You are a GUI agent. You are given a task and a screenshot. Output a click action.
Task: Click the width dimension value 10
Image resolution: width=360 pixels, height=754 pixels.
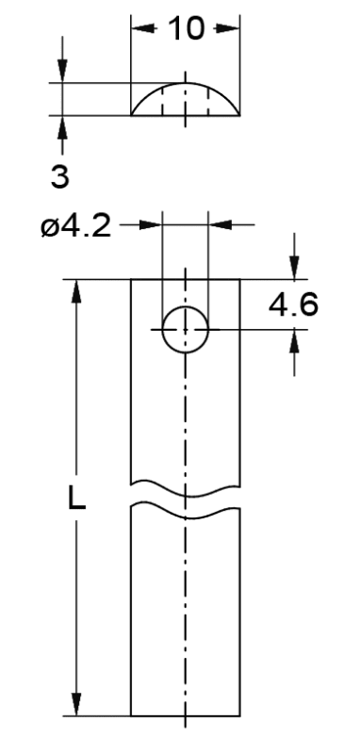pyautogui.click(x=187, y=28)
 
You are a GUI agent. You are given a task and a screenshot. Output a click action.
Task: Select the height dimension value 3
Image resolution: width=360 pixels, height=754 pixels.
pyautogui.click(x=60, y=176)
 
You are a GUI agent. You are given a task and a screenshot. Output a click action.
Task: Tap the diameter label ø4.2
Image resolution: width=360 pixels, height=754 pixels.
pyautogui.click(x=76, y=225)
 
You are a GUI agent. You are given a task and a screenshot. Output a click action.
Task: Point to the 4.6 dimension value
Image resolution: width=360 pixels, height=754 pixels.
pyautogui.click(x=293, y=304)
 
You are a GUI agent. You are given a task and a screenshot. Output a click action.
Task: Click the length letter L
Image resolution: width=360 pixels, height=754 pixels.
pyautogui.click(x=76, y=500)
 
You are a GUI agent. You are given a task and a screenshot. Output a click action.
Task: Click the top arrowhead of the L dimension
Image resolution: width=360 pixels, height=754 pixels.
pyautogui.click(x=76, y=291)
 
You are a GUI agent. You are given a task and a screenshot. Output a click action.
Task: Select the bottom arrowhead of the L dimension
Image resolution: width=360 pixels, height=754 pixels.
pyautogui.click(x=76, y=704)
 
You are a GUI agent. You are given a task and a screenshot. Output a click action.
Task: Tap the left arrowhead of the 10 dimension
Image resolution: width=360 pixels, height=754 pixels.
pyautogui.click(x=143, y=28)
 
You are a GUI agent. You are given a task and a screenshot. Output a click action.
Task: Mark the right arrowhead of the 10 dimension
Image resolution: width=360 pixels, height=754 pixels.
pyautogui.click(x=227, y=28)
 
